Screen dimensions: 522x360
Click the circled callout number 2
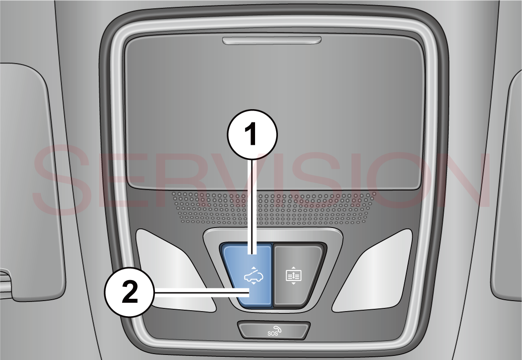[130, 292]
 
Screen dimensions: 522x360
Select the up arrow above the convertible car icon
[254, 268]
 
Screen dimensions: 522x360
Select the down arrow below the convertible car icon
[254, 283]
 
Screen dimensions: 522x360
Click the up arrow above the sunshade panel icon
[293, 268]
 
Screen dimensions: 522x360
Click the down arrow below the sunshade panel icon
[293, 283]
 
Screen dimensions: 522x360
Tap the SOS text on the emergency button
[272, 334]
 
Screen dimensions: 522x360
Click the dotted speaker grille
[273, 207]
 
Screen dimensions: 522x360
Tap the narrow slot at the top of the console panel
[272, 40]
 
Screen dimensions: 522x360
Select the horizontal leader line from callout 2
[202, 292]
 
